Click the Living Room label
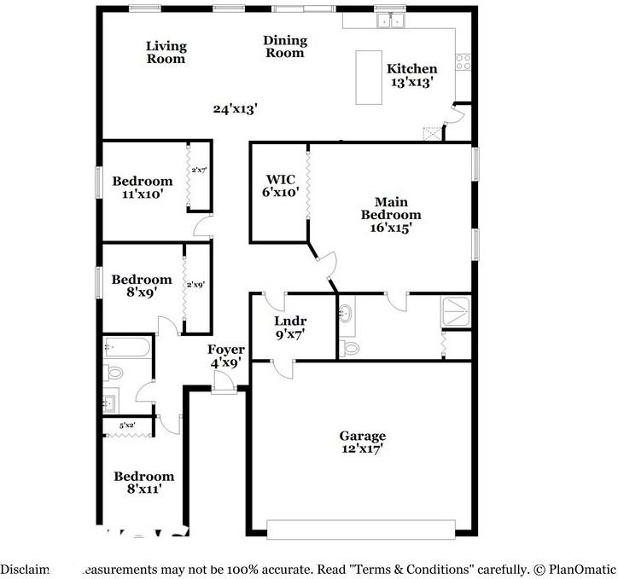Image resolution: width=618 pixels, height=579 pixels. point(166,53)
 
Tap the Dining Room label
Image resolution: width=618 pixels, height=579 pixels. point(284,47)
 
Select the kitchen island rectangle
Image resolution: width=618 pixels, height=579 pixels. point(369,77)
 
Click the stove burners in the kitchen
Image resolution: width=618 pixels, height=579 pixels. point(463,61)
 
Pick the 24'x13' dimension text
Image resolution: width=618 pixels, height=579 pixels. point(235,109)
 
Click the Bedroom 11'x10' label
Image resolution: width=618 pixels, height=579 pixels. point(142,188)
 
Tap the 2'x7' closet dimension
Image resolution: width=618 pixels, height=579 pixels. point(199,171)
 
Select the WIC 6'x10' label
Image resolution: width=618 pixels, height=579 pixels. point(281,186)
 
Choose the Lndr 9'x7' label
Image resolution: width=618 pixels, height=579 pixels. point(290,327)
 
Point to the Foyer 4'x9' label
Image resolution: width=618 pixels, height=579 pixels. point(226,356)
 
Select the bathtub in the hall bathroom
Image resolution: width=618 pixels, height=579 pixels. point(128,347)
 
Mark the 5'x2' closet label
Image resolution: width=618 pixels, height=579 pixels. point(128,425)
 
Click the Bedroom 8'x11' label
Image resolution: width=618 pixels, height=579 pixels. point(144,483)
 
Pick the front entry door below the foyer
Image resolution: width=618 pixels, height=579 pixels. point(224,388)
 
